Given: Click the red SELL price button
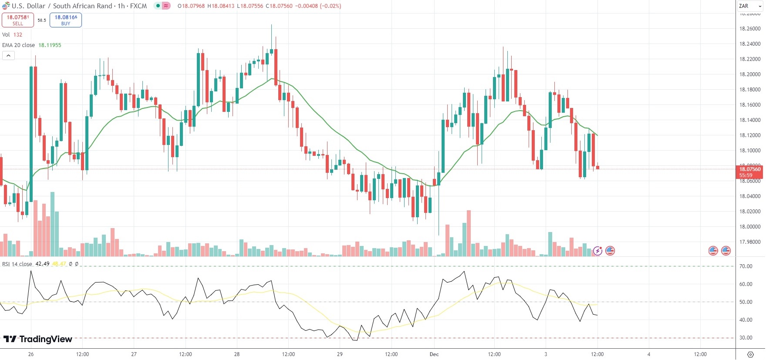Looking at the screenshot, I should (x=18, y=20).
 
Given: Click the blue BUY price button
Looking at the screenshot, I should (x=66, y=20).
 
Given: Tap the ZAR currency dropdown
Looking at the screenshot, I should (x=750, y=6).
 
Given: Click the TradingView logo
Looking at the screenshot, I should (x=38, y=339).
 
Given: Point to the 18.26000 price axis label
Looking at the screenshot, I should (x=750, y=29).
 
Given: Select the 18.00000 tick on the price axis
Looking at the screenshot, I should (x=750, y=227).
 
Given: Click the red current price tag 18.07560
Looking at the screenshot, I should (x=750, y=169).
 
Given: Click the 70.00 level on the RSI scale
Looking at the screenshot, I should (x=746, y=266).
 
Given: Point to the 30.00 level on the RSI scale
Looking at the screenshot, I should (x=746, y=338).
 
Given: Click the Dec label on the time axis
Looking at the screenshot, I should (x=434, y=354).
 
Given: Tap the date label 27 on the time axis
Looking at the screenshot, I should (x=134, y=354).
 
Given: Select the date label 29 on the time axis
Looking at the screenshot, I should (x=340, y=354).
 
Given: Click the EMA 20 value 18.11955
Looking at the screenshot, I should (x=50, y=45).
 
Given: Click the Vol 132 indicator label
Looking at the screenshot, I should (x=12, y=35).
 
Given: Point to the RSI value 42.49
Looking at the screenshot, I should (x=42, y=264).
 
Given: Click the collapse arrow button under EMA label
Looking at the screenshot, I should (x=8, y=56).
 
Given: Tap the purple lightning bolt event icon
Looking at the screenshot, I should (x=597, y=251).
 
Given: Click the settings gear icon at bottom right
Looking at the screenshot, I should (x=750, y=354).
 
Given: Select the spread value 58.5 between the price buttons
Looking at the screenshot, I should (x=42, y=20).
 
